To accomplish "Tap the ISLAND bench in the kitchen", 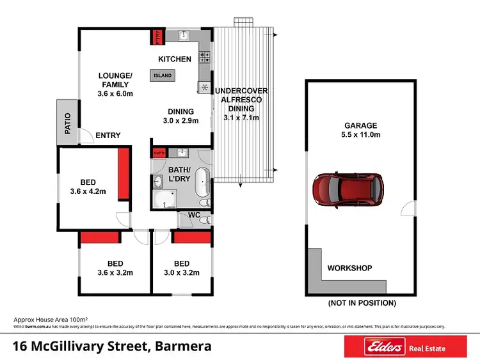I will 161,75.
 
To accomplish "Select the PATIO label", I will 67,123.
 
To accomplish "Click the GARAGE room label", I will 361,125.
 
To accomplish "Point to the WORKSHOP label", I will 349,268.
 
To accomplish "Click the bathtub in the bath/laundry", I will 202,184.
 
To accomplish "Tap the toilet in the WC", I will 204,219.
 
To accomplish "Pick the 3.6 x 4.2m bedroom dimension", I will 88,191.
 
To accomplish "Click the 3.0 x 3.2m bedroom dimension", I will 182,273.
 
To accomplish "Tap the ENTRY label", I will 108,135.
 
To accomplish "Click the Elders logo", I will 384,347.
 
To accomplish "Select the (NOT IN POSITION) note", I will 362,302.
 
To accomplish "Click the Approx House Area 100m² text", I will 51,318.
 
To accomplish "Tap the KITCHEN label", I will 175,59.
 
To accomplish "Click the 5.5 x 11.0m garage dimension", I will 361,135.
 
